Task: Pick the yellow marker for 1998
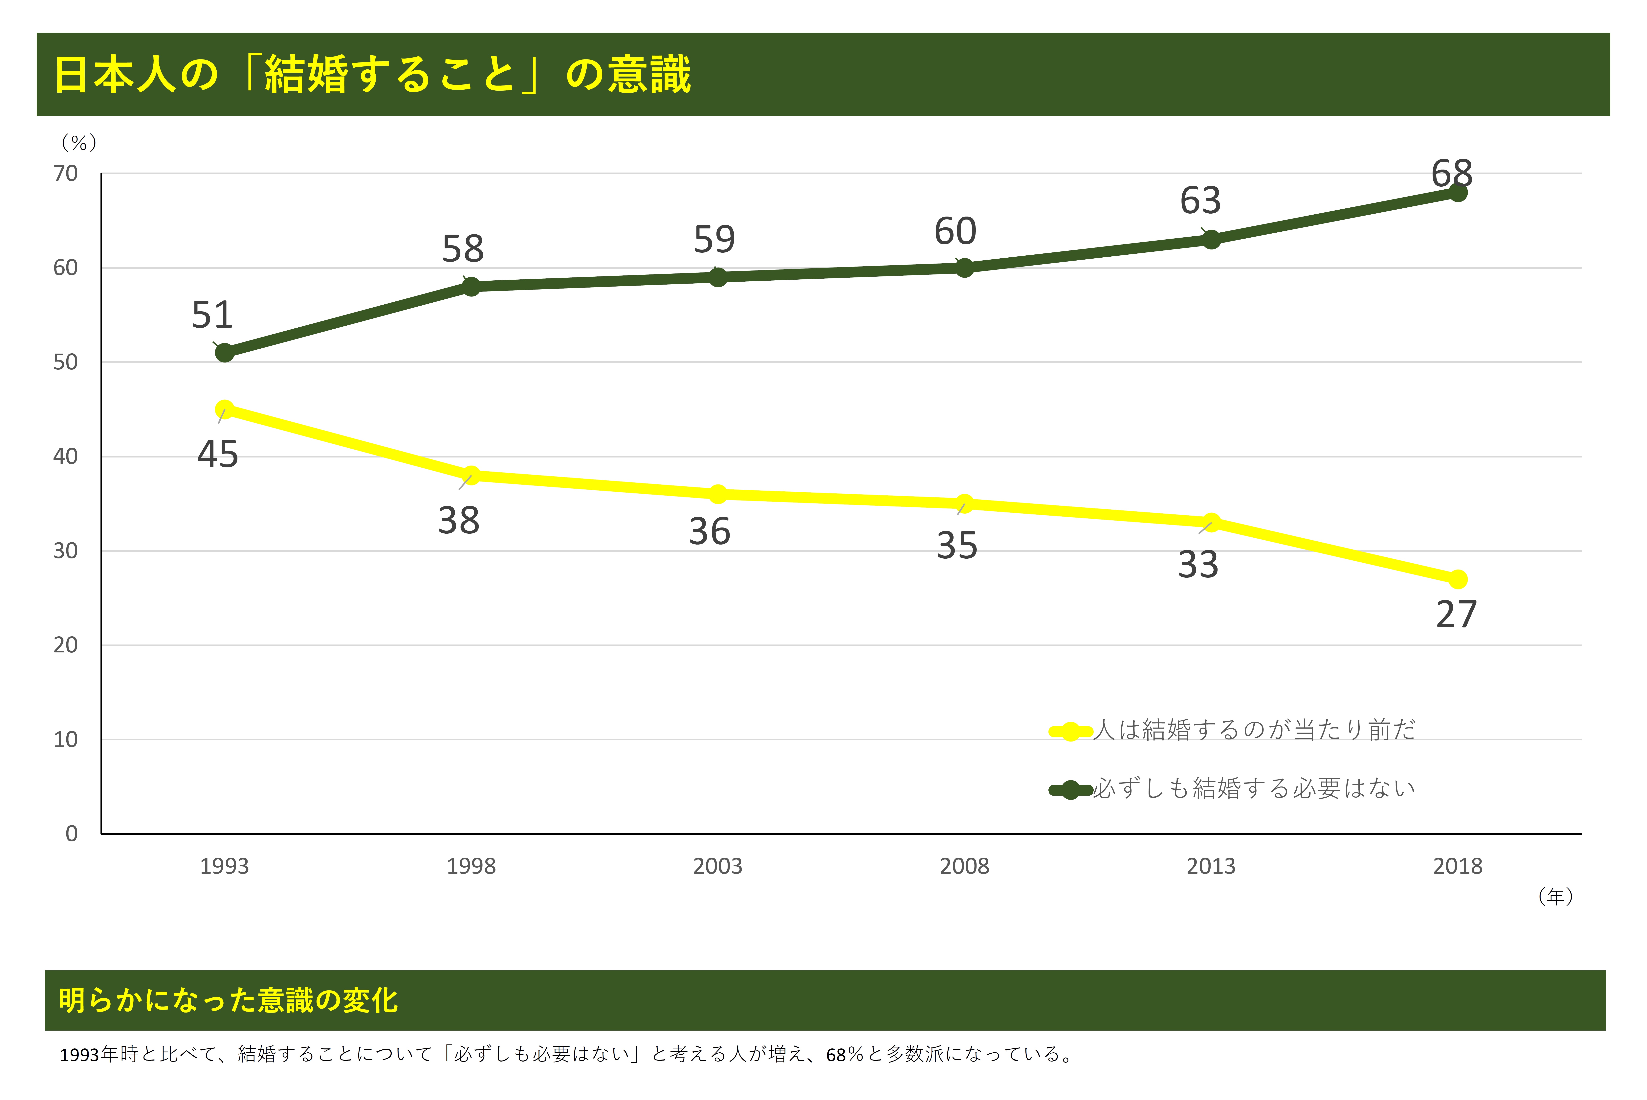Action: coord(471,476)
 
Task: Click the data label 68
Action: coord(1452,173)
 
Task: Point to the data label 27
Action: coord(1456,615)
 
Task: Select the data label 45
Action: coord(217,455)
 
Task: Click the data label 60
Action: coord(955,231)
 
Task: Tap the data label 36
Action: coord(710,532)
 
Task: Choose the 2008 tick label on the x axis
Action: coord(964,866)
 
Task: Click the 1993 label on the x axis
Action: coord(224,866)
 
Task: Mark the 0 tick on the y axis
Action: coord(72,833)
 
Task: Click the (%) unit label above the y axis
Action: coord(78,143)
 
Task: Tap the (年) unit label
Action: coord(1556,897)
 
